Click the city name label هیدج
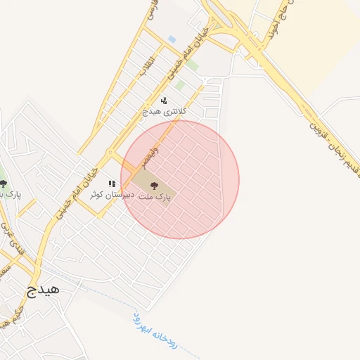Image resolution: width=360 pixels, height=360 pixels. [43, 288]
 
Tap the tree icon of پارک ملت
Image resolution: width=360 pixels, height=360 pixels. [154, 186]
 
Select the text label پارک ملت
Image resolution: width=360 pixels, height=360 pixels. [160, 198]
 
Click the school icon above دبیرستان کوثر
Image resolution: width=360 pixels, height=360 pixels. [112, 184]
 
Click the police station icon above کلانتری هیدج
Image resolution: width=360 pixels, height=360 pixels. [164, 101]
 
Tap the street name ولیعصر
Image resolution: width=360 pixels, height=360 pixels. [150, 157]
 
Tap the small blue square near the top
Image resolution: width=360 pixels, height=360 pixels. [172, 39]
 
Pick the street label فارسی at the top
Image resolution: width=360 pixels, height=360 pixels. [150, 10]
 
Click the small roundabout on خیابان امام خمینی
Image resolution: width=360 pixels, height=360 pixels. [110, 152]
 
